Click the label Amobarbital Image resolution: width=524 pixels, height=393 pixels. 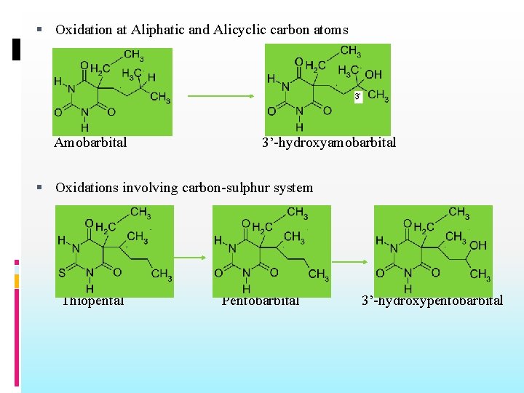(x=90, y=143)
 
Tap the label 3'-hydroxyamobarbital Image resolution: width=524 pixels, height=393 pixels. (x=329, y=143)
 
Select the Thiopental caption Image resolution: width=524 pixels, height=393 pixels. (x=92, y=301)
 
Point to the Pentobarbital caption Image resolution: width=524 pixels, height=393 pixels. (x=261, y=301)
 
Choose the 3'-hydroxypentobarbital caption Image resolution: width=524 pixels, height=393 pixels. (x=432, y=301)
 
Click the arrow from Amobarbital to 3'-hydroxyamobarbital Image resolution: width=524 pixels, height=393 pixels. (x=221, y=96)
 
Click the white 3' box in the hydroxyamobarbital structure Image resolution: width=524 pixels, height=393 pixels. (x=358, y=97)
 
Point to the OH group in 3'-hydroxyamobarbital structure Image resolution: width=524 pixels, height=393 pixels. (x=373, y=75)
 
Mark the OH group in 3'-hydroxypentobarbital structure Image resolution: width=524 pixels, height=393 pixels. (x=478, y=246)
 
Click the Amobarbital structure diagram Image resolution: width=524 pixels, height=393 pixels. (x=112, y=91)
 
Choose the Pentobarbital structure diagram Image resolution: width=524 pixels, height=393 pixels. (x=271, y=251)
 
